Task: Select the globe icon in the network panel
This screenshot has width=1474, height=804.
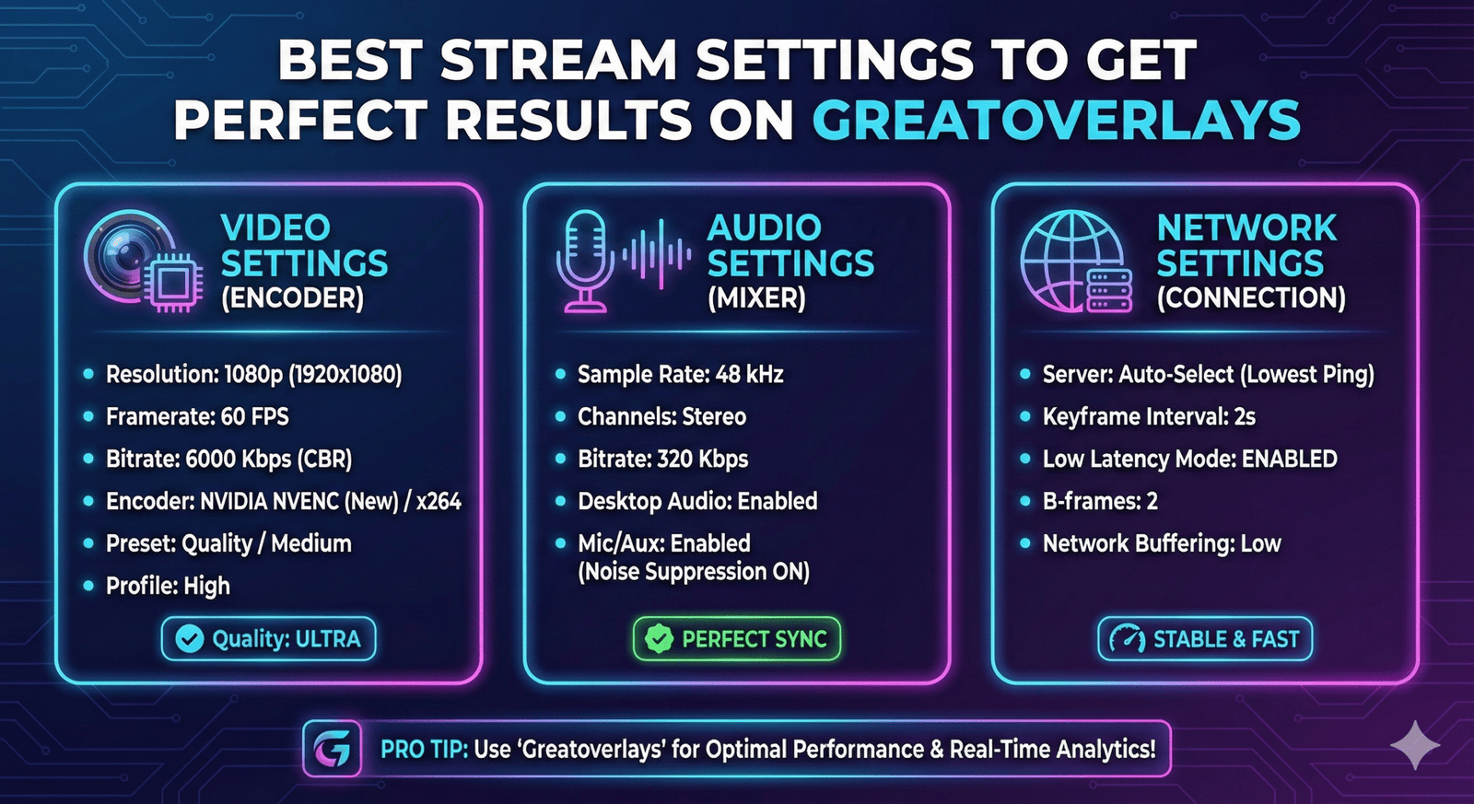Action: (1071, 261)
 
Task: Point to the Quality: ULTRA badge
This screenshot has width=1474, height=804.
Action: (268, 639)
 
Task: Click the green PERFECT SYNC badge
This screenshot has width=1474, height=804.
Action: (736, 639)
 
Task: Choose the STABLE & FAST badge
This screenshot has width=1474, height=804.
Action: (1205, 639)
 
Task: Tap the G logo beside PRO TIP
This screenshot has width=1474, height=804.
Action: (333, 750)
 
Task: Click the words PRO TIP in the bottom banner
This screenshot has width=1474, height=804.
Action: (424, 750)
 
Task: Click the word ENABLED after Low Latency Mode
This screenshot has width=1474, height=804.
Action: (1289, 459)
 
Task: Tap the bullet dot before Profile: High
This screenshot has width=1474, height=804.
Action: (88, 585)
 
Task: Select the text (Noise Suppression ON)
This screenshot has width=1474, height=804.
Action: (694, 572)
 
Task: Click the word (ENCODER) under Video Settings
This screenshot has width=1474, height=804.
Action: (292, 298)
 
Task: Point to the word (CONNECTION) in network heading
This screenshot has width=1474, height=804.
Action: (1251, 298)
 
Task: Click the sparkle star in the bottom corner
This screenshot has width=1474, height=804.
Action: (1415, 745)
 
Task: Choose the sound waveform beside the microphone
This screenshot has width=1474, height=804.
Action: (657, 254)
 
